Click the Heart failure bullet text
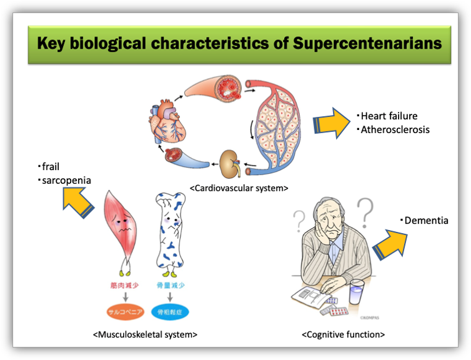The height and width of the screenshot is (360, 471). click(x=389, y=116)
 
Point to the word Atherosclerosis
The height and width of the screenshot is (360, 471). click(x=395, y=129)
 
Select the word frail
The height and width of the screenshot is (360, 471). click(x=51, y=166)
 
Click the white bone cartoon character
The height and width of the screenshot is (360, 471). click(x=168, y=231)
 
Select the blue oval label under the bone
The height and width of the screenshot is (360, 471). click(x=170, y=311)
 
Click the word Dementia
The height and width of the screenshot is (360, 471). click(x=426, y=221)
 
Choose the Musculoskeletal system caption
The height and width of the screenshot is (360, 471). click(x=145, y=334)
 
